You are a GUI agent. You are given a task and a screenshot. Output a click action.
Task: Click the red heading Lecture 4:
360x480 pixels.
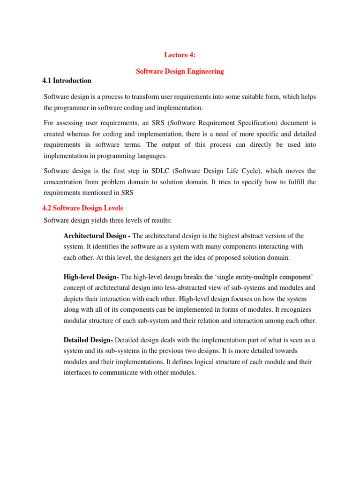180,55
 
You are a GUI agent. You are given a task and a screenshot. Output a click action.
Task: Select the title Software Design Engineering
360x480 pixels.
180,71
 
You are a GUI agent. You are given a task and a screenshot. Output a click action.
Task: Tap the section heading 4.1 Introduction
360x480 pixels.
67,81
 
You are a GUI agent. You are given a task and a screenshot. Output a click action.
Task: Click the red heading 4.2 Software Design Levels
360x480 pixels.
83,208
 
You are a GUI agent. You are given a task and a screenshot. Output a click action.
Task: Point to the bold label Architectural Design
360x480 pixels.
97,235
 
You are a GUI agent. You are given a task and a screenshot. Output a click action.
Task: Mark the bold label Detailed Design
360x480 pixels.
88,339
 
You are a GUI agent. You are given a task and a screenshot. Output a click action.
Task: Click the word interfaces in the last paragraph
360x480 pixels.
76,373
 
